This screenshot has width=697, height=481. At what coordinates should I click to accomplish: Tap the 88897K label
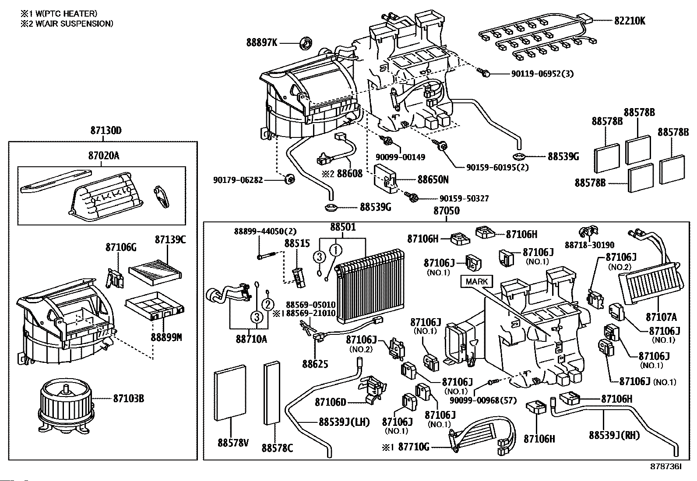(x=261, y=43)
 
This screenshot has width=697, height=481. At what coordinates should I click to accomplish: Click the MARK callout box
(x=476, y=281)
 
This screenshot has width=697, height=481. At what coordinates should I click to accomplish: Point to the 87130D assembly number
(x=106, y=130)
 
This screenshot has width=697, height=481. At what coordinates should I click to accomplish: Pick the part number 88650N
(x=433, y=179)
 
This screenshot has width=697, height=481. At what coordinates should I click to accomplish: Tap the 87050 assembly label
(x=447, y=211)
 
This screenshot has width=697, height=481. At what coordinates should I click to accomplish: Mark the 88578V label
(x=233, y=443)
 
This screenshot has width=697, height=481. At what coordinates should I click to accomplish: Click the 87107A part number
(x=661, y=316)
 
